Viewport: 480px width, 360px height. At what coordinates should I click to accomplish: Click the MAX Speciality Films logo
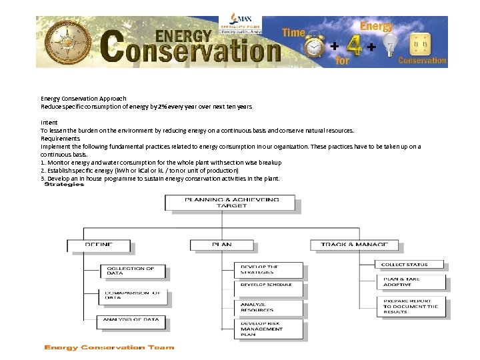[245, 24]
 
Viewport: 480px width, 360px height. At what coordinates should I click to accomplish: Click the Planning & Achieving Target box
[231, 202]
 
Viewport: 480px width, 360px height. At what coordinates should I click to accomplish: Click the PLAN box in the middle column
[222, 245]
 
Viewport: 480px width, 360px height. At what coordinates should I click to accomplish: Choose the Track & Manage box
[354, 245]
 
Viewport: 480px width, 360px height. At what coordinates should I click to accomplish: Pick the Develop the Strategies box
[269, 269]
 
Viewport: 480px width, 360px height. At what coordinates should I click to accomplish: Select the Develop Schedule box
[269, 285]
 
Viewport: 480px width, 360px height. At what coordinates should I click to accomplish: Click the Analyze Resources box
[269, 307]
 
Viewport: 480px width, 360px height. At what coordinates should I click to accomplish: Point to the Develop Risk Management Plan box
[269, 329]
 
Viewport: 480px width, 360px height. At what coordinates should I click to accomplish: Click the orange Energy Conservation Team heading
[109, 347]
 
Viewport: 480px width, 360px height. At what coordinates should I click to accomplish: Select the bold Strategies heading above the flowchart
[64, 185]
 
